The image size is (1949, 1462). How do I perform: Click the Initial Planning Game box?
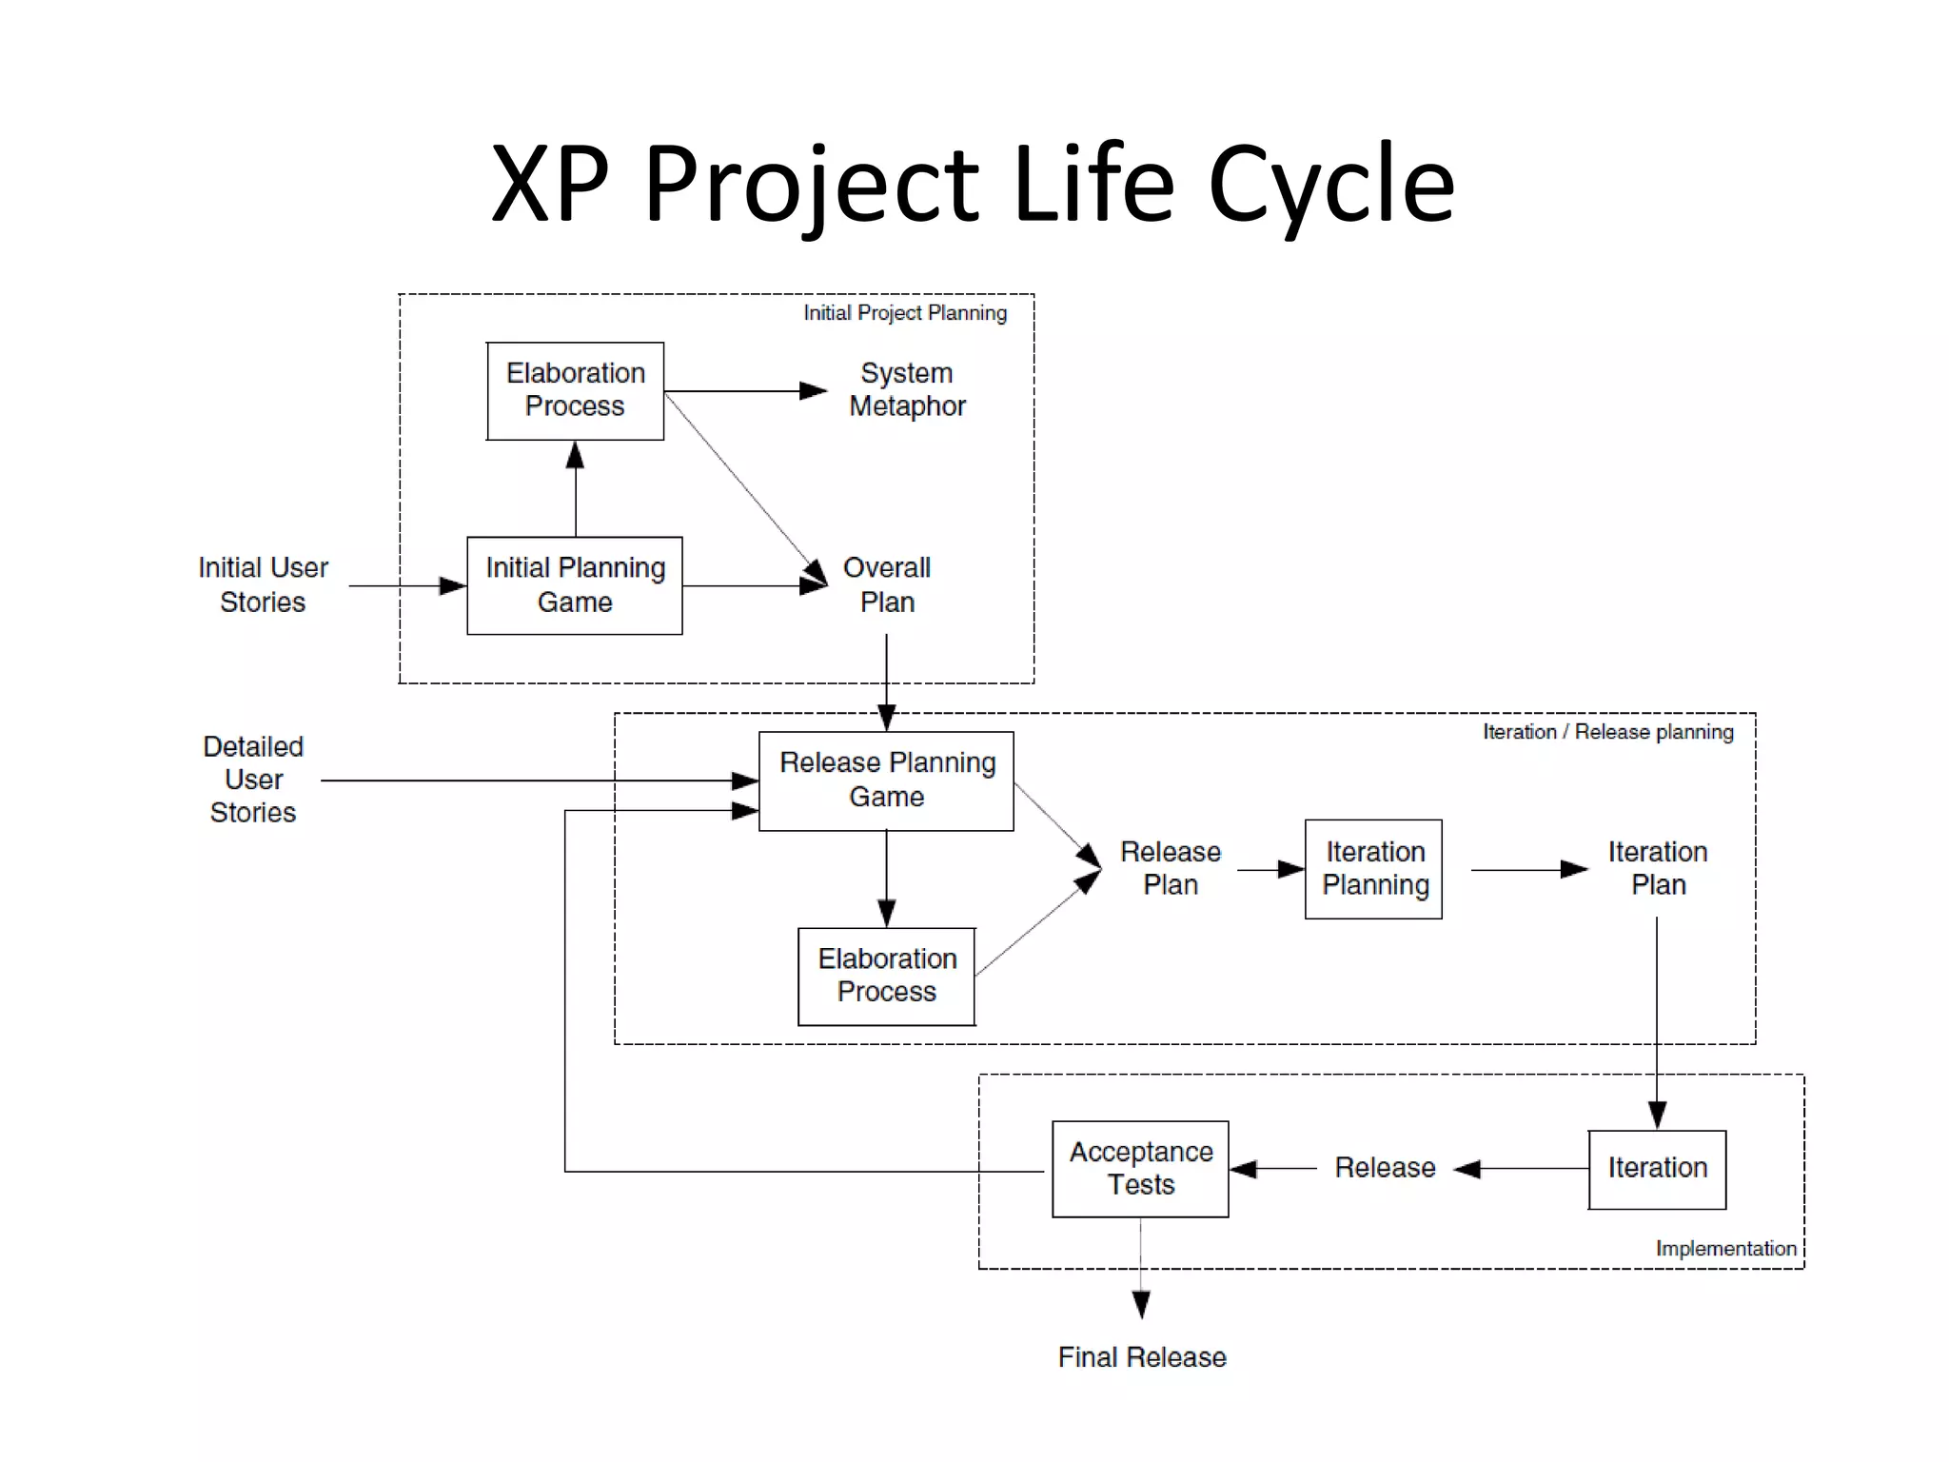click(x=575, y=585)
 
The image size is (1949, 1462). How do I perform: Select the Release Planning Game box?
click(x=886, y=780)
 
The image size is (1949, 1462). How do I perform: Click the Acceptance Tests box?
click(x=1140, y=1169)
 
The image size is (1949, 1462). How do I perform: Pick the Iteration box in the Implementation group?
click(x=1657, y=1169)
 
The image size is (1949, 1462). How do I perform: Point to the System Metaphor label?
click(x=906, y=389)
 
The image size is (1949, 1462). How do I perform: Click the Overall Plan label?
click(x=886, y=584)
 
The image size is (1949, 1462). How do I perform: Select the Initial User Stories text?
click(x=263, y=584)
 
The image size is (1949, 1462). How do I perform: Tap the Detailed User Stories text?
click(x=253, y=780)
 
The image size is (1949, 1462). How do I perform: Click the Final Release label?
click(x=1141, y=1357)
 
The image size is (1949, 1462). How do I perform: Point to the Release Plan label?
click(x=1170, y=868)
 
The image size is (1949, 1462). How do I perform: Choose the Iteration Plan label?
click(x=1658, y=868)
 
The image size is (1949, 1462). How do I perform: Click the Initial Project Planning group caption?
click(x=904, y=313)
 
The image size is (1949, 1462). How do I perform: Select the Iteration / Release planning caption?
click(x=1607, y=732)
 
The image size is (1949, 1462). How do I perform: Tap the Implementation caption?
click(x=1725, y=1249)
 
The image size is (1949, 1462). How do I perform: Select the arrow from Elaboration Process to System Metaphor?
click(x=742, y=391)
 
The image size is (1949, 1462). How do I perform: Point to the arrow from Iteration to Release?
click(x=1523, y=1169)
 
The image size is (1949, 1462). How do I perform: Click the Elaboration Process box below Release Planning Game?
click(x=886, y=976)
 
